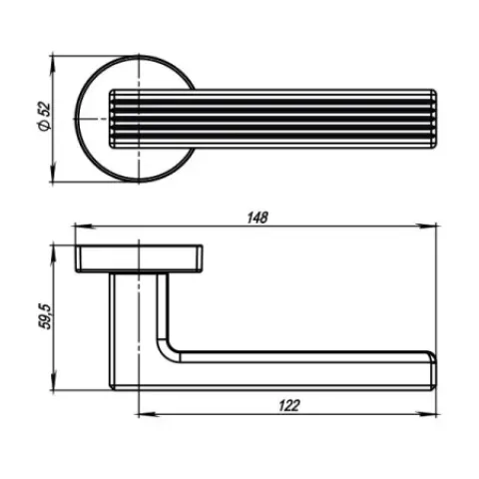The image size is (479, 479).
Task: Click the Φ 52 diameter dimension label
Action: click(x=45, y=117)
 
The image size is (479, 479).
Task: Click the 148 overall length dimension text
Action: click(x=257, y=218)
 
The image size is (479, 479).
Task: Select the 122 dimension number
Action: click(x=289, y=405)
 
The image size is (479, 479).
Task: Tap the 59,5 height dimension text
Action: click(x=45, y=316)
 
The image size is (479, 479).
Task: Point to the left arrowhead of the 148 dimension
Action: click(x=83, y=227)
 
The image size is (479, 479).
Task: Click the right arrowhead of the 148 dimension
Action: click(x=427, y=227)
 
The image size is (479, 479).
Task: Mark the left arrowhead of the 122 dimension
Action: click(x=147, y=414)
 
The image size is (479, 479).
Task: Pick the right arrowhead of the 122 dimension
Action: click(x=427, y=414)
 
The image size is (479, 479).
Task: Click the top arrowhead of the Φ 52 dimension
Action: click(x=52, y=65)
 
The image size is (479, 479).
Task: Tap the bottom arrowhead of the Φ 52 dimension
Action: click(x=52, y=173)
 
